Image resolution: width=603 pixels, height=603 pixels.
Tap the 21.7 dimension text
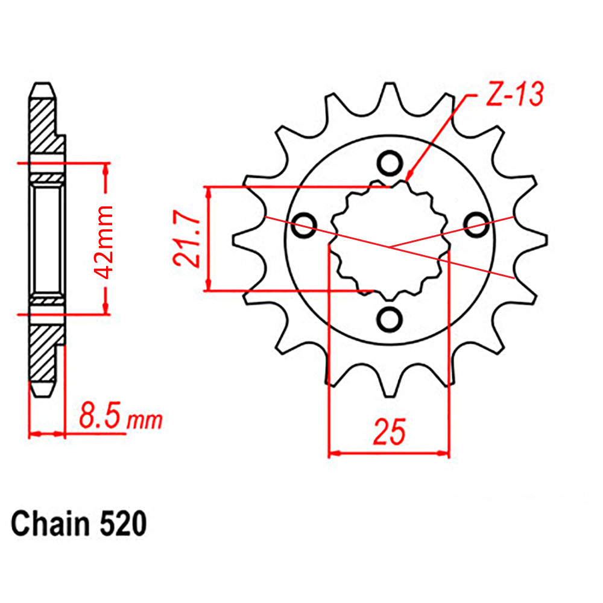click(186, 239)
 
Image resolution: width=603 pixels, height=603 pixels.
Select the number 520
click(121, 524)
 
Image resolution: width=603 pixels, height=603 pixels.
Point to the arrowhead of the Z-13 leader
click(409, 177)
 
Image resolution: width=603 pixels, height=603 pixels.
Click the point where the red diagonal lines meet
click(390, 247)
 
